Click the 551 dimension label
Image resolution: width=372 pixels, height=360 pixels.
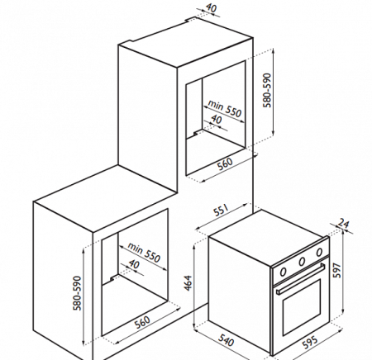tap(222, 211)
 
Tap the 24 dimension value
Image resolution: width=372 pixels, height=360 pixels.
tap(344, 223)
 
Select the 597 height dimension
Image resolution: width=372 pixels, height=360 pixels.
tap(337, 271)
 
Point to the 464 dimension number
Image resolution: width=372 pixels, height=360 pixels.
tap(188, 282)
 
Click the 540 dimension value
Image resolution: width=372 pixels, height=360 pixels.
tap(227, 340)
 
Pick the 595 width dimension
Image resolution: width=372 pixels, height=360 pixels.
tap(310, 342)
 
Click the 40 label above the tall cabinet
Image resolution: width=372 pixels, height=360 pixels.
tap(211, 7)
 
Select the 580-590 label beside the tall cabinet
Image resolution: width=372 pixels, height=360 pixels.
tap(267, 90)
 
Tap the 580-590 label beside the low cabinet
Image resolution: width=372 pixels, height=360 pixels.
tap(78, 293)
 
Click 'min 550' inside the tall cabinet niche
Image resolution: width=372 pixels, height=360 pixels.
tap(225, 108)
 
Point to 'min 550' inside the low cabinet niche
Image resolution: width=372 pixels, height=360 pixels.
tap(144, 253)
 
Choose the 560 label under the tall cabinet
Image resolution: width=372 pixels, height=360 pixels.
tap(225, 163)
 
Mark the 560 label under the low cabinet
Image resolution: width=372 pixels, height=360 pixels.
tap(143, 322)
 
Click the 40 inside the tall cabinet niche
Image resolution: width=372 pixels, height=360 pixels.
tap(216, 120)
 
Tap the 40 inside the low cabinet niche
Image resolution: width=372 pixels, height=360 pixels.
tap(134, 264)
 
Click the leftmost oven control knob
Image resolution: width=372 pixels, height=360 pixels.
tap(283, 272)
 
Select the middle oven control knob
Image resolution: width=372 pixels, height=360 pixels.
tap(303, 261)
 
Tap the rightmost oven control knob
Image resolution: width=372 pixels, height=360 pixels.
tap(319, 252)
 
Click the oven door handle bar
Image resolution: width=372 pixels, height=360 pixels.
tap(301, 278)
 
